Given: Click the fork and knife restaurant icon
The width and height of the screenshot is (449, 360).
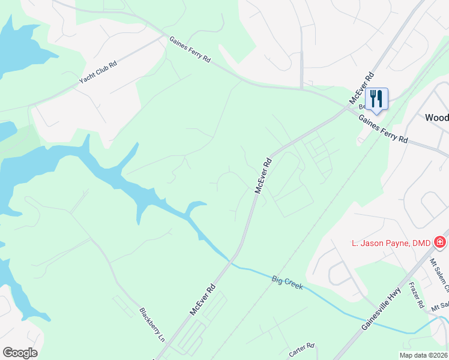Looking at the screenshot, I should [376, 98].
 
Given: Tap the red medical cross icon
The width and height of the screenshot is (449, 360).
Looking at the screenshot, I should [440, 242].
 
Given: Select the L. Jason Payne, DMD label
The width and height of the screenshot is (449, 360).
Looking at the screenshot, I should [391, 242].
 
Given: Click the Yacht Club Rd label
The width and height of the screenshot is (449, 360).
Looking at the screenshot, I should [97, 73].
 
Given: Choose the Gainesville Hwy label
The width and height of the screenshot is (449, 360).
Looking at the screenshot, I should [381, 307].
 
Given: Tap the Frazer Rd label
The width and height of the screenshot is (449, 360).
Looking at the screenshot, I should [416, 295].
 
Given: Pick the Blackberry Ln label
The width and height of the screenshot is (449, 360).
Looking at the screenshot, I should [152, 325].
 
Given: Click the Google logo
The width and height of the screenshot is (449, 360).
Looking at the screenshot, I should [20, 353].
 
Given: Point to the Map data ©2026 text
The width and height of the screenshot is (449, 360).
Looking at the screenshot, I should [423, 355].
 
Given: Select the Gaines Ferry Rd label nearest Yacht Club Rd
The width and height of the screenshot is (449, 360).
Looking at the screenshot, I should [190, 50].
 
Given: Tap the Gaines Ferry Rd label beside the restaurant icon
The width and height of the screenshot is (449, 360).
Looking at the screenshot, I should [383, 129].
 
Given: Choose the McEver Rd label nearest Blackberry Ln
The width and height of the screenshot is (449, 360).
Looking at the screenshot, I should [202, 300].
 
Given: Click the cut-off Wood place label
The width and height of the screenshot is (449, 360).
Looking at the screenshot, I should [436, 118].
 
